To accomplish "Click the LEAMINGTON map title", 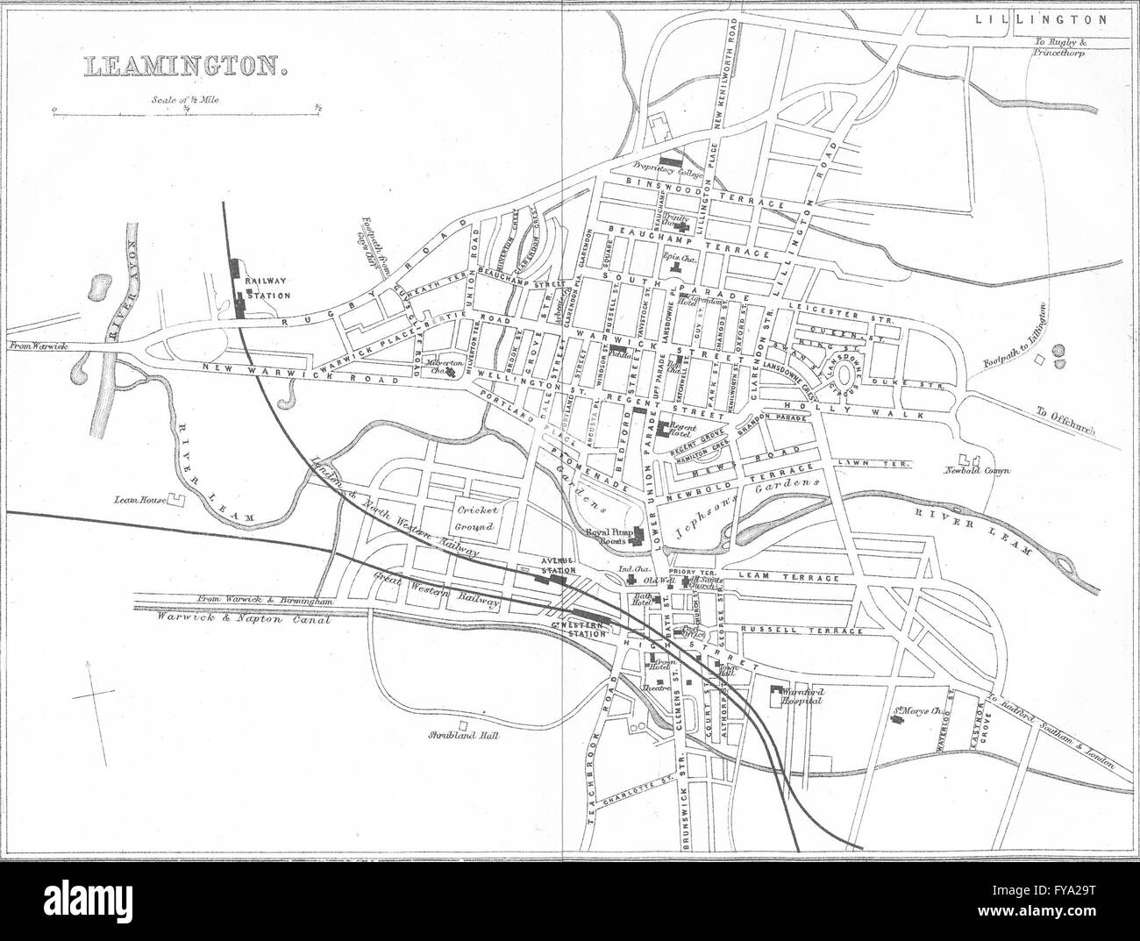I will pyautogui.click(x=185, y=66).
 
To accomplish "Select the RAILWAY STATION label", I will pyautogui.click(x=267, y=289).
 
